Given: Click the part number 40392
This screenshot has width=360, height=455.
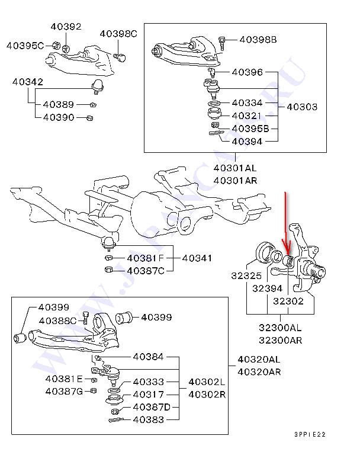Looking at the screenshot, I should click(66, 27).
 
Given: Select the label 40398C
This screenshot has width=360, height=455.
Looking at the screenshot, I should click(118, 34).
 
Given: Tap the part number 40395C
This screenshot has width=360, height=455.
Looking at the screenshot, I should click(25, 45).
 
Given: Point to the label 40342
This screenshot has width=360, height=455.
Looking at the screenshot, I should click(27, 82).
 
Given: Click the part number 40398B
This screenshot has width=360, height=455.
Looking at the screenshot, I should click(258, 40).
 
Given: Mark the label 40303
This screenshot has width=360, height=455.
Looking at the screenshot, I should click(302, 107).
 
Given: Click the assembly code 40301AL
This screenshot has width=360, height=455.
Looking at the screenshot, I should click(235, 168).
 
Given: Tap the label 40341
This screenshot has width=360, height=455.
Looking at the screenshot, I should click(197, 258).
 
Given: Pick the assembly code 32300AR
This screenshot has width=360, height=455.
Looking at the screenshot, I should click(280, 341).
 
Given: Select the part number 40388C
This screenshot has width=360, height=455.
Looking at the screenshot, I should click(58, 321).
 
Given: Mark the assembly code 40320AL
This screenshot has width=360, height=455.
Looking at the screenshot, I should click(259, 359).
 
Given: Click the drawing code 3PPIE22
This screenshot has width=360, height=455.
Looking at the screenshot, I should click(310, 434).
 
